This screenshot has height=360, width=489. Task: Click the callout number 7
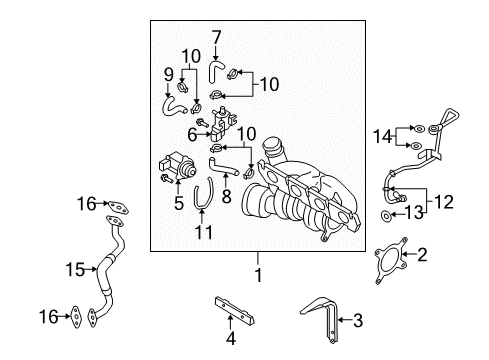tap(216, 37)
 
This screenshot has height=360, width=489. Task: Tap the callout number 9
tap(169, 75)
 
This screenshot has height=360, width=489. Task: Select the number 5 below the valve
tap(179, 203)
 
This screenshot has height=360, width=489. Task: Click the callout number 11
tap(204, 232)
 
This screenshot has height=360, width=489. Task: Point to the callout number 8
tap(226, 196)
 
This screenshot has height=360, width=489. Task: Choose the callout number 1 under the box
tap(258, 275)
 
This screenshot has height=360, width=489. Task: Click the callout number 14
tap(382, 136)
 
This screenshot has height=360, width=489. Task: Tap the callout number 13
tap(413, 213)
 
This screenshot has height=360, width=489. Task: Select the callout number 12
tap(444, 202)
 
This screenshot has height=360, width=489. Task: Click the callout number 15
tap(75, 269)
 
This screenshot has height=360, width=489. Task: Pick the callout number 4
tap(231, 338)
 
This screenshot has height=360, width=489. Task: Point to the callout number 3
tap(358, 320)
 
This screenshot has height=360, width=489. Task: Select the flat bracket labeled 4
tap(234, 311)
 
